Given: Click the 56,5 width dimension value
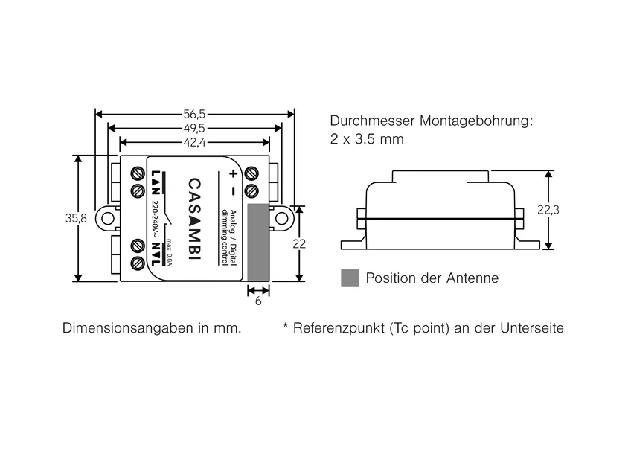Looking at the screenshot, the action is click(194, 114).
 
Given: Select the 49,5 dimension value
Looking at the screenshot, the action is click(194, 128).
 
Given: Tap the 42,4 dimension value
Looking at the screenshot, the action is click(194, 142).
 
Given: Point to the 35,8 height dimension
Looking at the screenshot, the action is click(76, 218).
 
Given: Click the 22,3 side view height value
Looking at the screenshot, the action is click(548, 210).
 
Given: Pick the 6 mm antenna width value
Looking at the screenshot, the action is click(258, 301).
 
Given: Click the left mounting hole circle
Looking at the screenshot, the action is click(107, 219).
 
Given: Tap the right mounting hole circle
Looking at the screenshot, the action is click(281, 219).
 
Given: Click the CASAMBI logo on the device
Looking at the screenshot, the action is click(194, 219).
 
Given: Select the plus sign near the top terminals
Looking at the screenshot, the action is click(233, 174).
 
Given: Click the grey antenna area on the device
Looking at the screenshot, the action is click(258, 242).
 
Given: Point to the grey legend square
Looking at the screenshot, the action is click(350, 278).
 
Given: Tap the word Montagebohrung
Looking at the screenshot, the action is click(477, 121).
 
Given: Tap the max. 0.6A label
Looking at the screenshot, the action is click(170, 252).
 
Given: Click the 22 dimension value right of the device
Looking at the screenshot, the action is click(299, 243).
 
